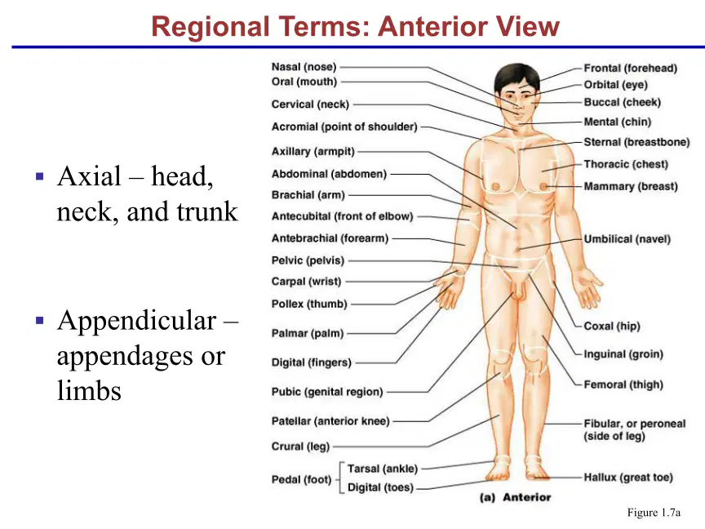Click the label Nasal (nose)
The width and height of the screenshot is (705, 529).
304,67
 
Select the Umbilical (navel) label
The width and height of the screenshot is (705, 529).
627,239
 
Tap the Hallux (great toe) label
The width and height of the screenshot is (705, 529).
628,478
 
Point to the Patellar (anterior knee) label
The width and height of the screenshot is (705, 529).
330,421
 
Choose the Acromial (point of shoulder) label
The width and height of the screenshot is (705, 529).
344,127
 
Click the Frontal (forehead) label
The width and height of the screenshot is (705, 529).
631,68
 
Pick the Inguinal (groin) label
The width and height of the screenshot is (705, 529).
623,354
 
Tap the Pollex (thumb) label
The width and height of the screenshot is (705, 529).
309,304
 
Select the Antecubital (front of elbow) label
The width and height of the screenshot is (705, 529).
342,216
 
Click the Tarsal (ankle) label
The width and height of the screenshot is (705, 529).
383,469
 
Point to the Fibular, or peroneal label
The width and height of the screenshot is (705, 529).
634,424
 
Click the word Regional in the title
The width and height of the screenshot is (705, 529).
210,26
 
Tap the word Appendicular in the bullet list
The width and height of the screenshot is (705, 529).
137,320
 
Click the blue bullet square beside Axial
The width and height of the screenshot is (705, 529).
39,176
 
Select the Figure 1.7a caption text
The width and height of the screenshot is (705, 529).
654,513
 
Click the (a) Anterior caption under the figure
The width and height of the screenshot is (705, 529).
515,497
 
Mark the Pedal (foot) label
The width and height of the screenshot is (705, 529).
301,479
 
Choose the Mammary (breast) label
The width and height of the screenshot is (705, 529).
631,186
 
